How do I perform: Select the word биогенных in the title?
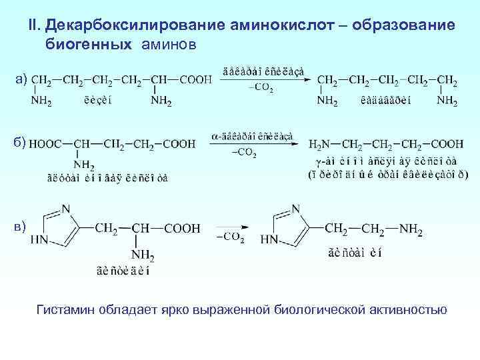point(88,43)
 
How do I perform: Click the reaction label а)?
point(22,79)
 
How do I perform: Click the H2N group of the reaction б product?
point(320,143)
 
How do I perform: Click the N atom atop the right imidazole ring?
point(295,208)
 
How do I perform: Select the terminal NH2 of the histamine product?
point(411,229)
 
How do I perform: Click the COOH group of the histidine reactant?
point(182,229)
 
